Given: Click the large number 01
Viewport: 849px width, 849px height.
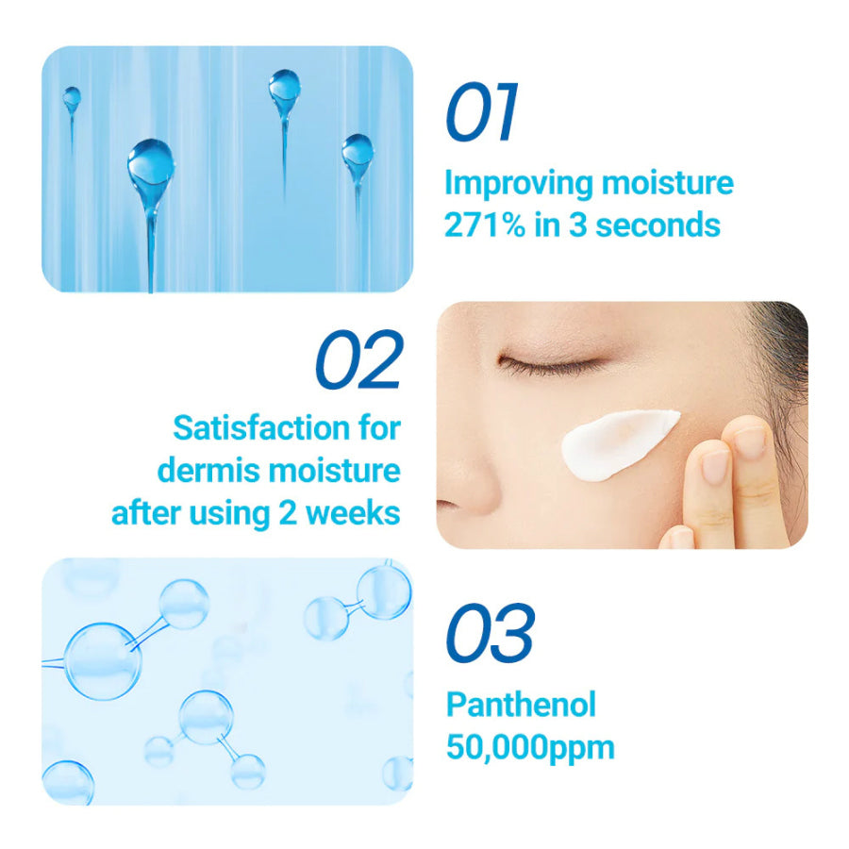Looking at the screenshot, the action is (x=481, y=111).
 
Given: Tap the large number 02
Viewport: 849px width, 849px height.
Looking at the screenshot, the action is (x=359, y=359).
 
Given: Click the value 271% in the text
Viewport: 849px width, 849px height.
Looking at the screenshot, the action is (x=485, y=225).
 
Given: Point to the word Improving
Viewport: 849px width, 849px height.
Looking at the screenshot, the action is (x=519, y=184).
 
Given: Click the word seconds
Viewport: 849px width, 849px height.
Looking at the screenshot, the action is (x=658, y=225).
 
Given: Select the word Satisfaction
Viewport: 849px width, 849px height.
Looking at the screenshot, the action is (x=261, y=427).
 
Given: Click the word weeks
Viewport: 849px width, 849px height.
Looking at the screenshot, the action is (x=353, y=513).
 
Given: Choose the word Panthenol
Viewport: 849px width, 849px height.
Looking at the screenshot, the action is (x=521, y=705).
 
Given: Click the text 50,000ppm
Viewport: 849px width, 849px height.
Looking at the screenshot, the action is (x=530, y=748).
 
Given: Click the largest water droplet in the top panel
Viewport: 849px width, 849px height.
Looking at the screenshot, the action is (x=151, y=162).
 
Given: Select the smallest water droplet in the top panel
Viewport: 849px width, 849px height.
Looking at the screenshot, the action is (x=72, y=98).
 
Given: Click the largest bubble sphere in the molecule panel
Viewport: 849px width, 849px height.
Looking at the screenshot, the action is (x=103, y=661).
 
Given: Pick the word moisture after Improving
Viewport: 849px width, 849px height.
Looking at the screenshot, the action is (x=668, y=183).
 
